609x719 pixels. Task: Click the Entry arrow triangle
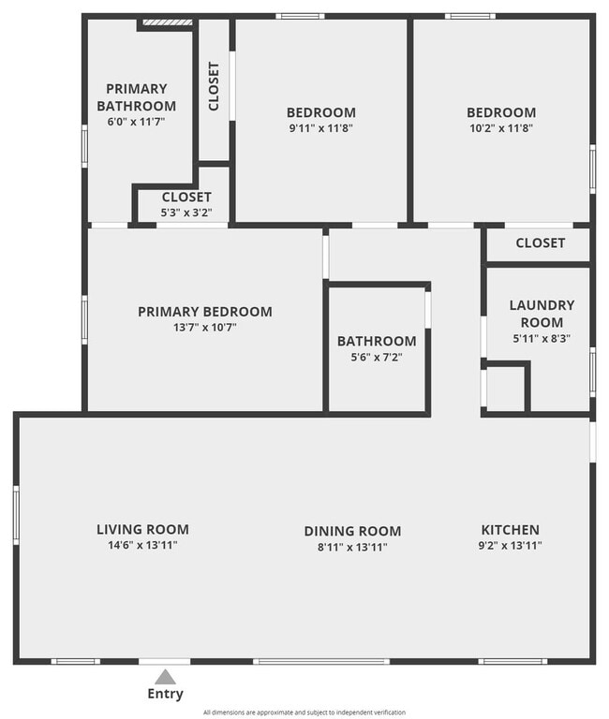pyautogui.click(x=165, y=676)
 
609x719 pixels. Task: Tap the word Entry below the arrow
pyautogui.click(x=165, y=695)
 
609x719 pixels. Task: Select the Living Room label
pyautogui.click(x=142, y=529)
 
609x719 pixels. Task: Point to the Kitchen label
pyautogui.click(x=510, y=529)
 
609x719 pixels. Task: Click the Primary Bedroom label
pyautogui.click(x=204, y=312)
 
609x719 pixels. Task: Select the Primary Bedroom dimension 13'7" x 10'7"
pyautogui.click(x=204, y=328)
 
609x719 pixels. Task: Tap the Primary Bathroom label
pyautogui.click(x=136, y=97)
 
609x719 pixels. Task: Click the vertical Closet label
pyautogui.click(x=214, y=86)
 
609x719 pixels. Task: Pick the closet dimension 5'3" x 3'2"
pyautogui.click(x=186, y=213)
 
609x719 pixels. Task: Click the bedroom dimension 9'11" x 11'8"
pyautogui.click(x=320, y=128)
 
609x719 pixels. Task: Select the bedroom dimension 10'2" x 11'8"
pyautogui.click(x=501, y=128)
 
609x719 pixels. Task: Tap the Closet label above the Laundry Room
pyautogui.click(x=541, y=243)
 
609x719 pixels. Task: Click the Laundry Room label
pyautogui.click(x=542, y=314)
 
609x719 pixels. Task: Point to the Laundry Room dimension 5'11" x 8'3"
pyautogui.click(x=542, y=339)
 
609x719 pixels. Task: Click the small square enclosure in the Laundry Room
pyautogui.click(x=506, y=387)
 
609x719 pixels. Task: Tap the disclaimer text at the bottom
pyautogui.click(x=304, y=712)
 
